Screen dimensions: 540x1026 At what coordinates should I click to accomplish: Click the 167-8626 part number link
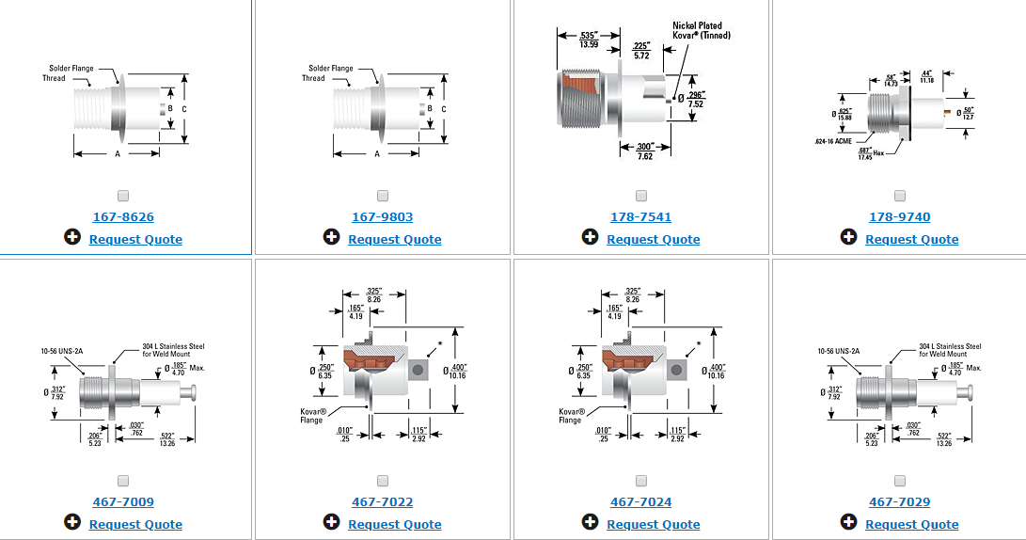(123, 217)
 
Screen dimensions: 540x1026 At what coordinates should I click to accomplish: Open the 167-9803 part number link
(382, 217)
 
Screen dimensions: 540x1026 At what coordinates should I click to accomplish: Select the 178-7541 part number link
(640, 217)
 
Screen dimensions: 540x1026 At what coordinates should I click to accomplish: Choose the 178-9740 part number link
(899, 217)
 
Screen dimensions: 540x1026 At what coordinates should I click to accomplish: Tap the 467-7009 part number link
(123, 502)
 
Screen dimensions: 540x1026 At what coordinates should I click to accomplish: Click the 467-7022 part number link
(382, 502)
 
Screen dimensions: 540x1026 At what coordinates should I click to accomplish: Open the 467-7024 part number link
(640, 502)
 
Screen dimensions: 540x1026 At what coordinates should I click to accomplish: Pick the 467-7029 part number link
(899, 502)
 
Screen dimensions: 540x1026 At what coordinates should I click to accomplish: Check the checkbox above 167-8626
(124, 196)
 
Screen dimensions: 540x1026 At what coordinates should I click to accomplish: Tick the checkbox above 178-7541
(641, 196)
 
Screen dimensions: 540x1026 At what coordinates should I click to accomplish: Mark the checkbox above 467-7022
(383, 481)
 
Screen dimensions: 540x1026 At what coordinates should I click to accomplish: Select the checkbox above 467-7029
(900, 481)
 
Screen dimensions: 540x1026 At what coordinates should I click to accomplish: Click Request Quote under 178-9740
(911, 240)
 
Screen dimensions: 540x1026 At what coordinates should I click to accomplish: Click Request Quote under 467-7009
(135, 525)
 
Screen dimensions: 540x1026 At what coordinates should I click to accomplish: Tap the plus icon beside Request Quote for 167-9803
(331, 237)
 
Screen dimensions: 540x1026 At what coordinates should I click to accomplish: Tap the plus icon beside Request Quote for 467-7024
(590, 522)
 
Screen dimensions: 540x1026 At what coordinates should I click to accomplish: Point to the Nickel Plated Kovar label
(701, 30)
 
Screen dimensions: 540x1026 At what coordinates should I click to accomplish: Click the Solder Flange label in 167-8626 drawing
(69, 68)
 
